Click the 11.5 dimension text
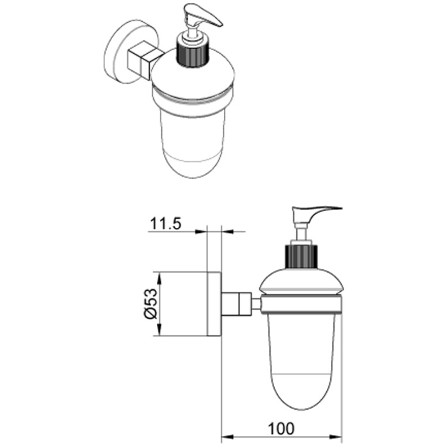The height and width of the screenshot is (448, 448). (165, 224)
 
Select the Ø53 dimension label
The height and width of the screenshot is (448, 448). (150, 304)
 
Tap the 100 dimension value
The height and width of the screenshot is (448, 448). (280, 429)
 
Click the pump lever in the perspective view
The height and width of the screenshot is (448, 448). (204, 19)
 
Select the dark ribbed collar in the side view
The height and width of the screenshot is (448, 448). (301, 256)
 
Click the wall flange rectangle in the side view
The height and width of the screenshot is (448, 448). (214, 304)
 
